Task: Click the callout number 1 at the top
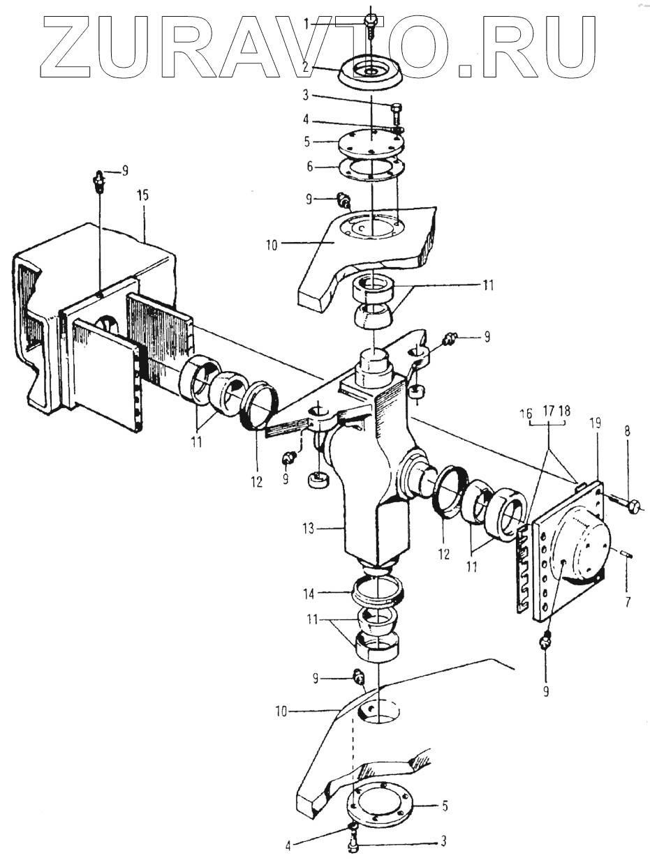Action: coord(306,25)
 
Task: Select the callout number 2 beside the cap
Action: coord(305,67)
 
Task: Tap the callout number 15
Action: coord(143,196)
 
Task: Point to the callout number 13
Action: coord(309,528)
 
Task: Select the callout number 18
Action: coord(565,411)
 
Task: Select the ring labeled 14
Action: coord(378,596)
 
